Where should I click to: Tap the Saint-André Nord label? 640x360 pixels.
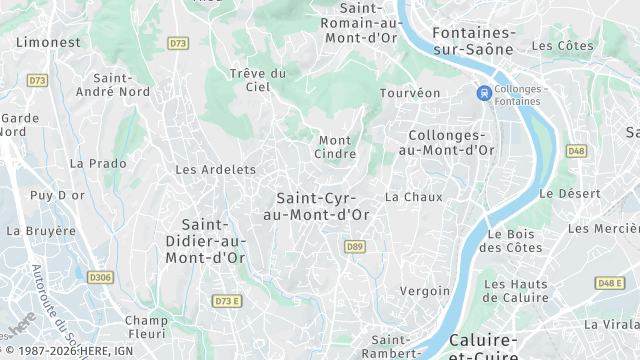pyautogui.click(x=121, y=85)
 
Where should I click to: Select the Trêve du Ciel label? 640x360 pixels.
pyautogui.click(x=258, y=80)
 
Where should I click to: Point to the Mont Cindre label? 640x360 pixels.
pyautogui.click(x=335, y=147)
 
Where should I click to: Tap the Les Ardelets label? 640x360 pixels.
pyautogui.click(x=215, y=170)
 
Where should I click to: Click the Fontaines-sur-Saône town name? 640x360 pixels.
pyautogui.click(x=473, y=40)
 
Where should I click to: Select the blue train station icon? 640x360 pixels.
pyautogui.click(x=484, y=93)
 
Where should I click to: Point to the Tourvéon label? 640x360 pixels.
pyautogui.click(x=410, y=93)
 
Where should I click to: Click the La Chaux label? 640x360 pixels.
pyautogui.click(x=413, y=197)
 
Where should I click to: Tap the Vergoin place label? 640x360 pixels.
pyautogui.click(x=424, y=291)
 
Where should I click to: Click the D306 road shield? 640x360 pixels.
pyautogui.click(x=99, y=277)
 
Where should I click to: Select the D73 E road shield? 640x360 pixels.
pyautogui.click(x=229, y=301)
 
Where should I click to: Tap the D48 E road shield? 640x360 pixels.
pyautogui.click(x=609, y=283)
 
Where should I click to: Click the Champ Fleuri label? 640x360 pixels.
pyautogui.click(x=146, y=328)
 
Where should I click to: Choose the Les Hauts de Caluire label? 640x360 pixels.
pyautogui.click(x=515, y=290)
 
